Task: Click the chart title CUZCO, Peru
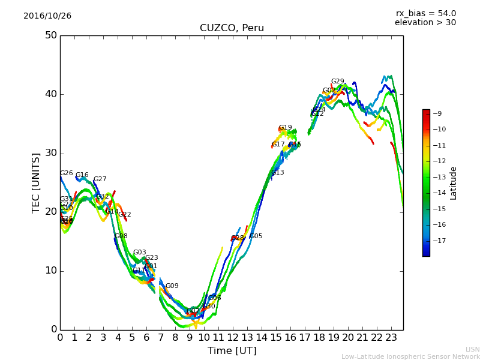click(x=232, y=28)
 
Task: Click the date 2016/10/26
click(x=47, y=16)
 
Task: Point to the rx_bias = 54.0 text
click(x=425, y=14)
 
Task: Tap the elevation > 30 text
click(x=425, y=23)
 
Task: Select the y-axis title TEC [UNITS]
click(x=36, y=182)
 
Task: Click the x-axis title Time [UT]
click(x=232, y=350)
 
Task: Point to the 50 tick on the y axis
click(x=50, y=35)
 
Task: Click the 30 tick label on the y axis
click(x=50, y=153)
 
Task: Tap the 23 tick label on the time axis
click(x=391, y=338)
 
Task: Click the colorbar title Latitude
click(x=454, y=183)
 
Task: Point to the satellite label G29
click(x=338, y=82)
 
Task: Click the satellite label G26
click(x=66, y=173)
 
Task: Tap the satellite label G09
click(x=172, y=286)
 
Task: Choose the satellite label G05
click(x=256, y=236)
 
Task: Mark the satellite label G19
click(x=286, y=128)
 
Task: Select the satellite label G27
click(x=100, y=179)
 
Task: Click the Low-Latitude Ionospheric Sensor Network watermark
click(x=410, y=356)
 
